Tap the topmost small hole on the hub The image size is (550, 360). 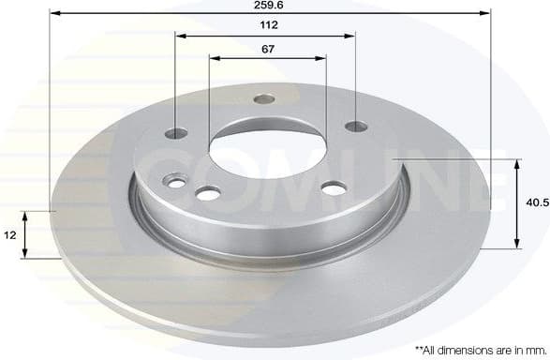pyautogui.click(x=265, y=97)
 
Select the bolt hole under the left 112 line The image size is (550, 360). pyautogui.click(x=177, y=133)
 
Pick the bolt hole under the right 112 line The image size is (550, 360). pyautogui.click(x=354, y=126)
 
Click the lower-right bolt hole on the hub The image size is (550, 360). pyautogui.click(x=333, y=189)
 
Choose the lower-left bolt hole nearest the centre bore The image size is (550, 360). pyautogui.click(x=207, y=193)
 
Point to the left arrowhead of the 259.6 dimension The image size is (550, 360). pyautogui.click(x=52, y=14)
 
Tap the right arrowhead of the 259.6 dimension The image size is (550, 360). pyautogui.click(x=486, y=14)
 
